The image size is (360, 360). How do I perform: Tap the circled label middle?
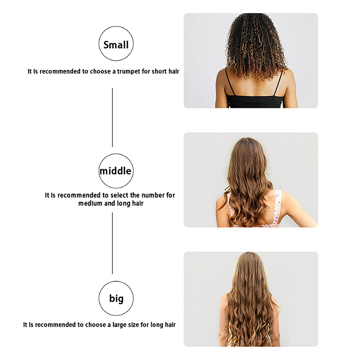tap(116, 171)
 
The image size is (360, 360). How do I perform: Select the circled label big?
tap(116, 298)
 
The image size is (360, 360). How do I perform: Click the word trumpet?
tap(129, 72)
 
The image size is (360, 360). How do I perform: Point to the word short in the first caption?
tap(159, 72)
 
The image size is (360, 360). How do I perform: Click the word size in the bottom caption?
tap(134, 324)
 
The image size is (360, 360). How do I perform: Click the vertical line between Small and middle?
tap(112, 117)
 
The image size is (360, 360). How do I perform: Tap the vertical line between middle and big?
tap(112, 243)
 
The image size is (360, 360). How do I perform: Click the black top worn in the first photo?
tap(255, 101)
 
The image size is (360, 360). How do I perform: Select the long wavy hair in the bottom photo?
tap(250, 301)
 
